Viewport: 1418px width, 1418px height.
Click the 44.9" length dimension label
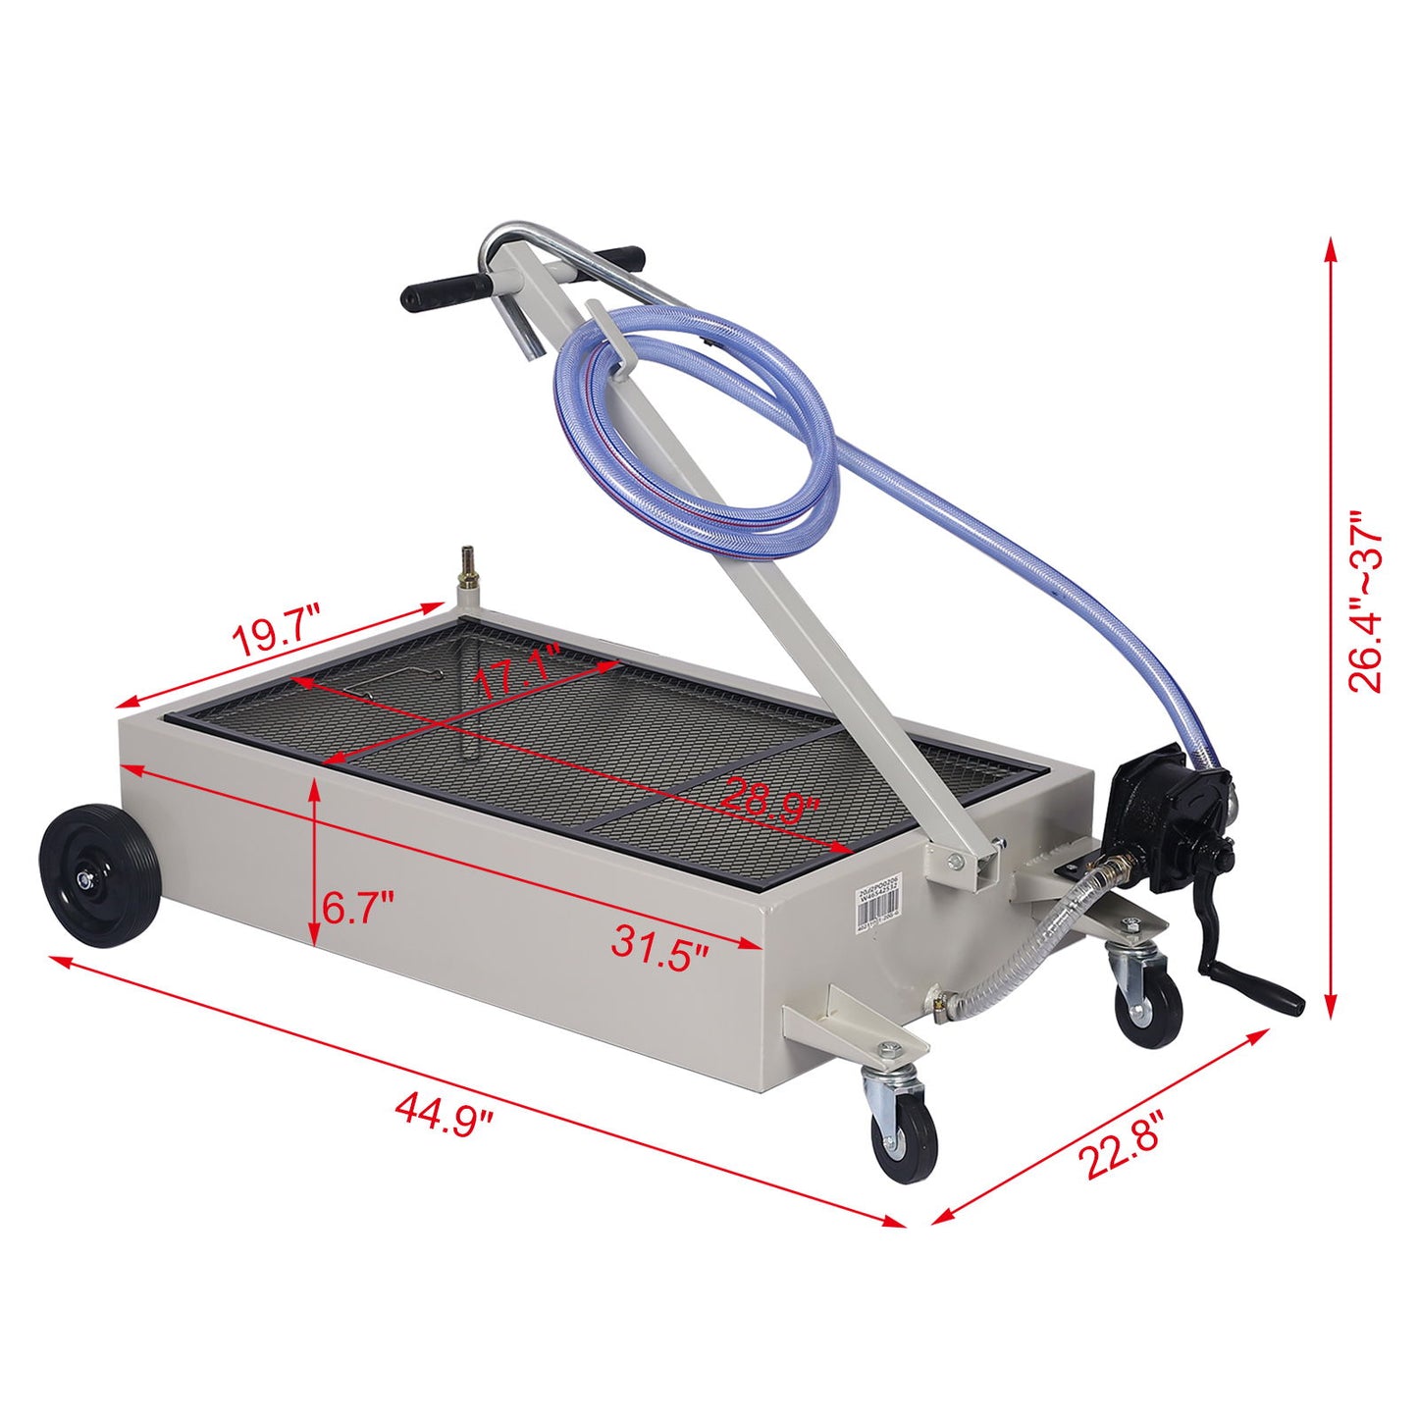[443, 1113]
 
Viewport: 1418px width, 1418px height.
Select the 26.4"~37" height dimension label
[1365, 601]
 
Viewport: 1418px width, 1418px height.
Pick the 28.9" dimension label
[769, 800]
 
